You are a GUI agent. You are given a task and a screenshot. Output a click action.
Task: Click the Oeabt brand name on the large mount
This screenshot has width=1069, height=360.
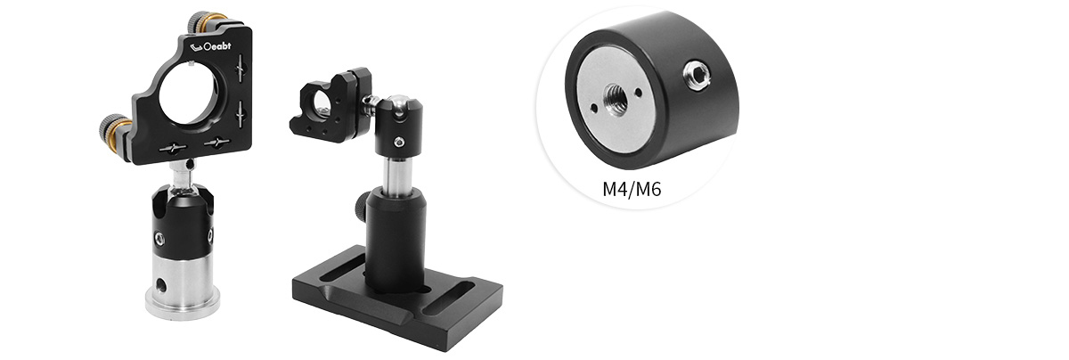(x=217, y=47)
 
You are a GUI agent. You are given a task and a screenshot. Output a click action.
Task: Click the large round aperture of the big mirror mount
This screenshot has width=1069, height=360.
(x=189, y=94)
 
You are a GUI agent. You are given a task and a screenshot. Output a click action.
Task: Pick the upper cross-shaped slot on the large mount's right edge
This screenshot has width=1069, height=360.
(x=241, y=68)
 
